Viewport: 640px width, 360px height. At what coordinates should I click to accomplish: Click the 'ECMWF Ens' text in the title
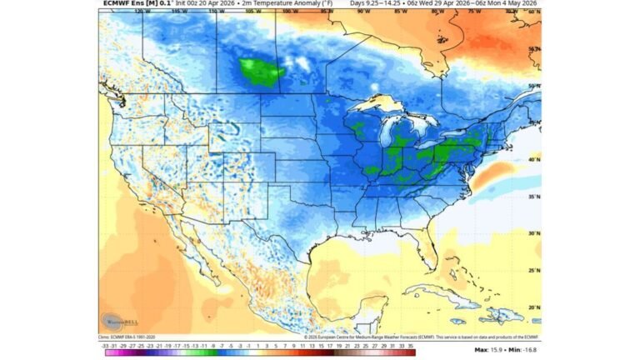pyautogui.click(x=119, y=4)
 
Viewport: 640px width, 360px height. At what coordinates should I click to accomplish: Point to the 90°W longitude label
pyautogui.click(x=363, y=12)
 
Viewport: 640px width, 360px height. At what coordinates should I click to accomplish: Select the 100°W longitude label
pyautogui.click(x=289, y=12)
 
